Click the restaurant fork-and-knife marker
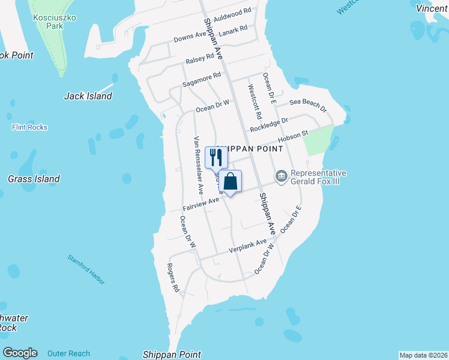coord(215,158)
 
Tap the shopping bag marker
coord(230,181)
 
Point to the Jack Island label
coord(88,96)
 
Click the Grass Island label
coord(34,179)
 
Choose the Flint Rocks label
coord(29,127)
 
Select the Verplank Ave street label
coord(247,246)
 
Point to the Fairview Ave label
coord(201,203)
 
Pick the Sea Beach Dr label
coord(308,106)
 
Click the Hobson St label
coord(294,137)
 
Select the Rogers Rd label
coord(173,278)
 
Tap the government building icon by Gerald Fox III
coord(281,176)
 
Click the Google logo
coord(20,353)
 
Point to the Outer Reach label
coord(69,353)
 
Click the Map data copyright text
coord(423,355)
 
